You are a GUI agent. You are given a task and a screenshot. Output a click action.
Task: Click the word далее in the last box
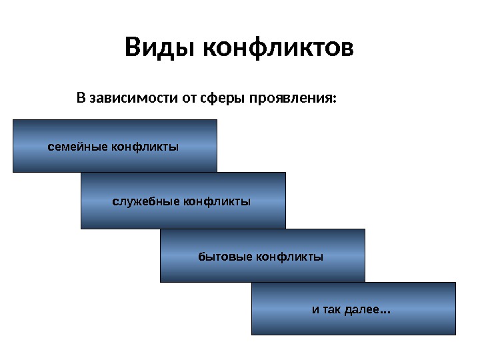point(362,310)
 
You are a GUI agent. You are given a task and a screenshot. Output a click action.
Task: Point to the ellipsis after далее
point(385,311)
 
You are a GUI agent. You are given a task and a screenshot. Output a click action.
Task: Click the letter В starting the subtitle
point(81,99)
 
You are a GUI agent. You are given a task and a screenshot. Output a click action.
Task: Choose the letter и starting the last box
point(316,310)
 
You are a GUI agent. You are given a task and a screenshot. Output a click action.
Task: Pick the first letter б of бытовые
point(201,256)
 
